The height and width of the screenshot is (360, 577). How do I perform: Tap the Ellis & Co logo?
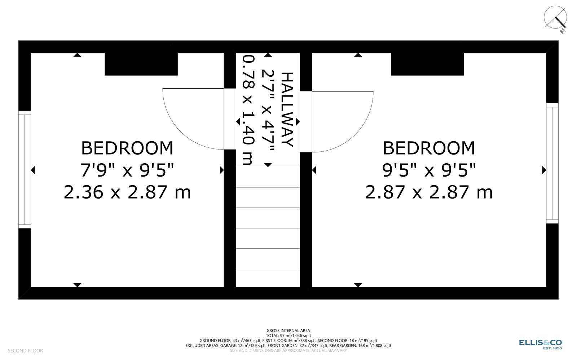pyautogui.click(x=541, y=344)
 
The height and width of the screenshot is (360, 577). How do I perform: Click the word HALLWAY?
pyautogui.click(x=287, y=110)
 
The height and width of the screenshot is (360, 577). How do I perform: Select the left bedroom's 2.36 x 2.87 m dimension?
pyautogui.click(x=127, y=192)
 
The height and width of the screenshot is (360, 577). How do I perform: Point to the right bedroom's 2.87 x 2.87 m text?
pyautogui.click(x=429, y=192)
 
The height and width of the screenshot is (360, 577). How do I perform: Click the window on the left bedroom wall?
pyautogui.click(x=25, y=170)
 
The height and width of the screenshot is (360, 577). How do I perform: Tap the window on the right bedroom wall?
pyautogui.click(x=552, y=163)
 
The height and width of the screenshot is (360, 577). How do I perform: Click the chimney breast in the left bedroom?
pyautogui.click(x=141, y=64)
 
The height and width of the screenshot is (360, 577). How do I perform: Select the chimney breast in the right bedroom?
pyautogui.click(x=427, y=64)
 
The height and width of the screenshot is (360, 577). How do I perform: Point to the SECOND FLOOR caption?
pyautogui.click(x=25, y=351)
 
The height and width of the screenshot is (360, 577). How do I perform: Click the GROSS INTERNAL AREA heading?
pyautogui.click(x=288, y=331)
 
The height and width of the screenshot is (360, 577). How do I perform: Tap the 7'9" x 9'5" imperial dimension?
pyautogui.click(x=127, y=170)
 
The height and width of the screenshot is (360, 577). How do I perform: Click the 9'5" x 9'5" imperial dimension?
pyautogui.click(x=429, y=170)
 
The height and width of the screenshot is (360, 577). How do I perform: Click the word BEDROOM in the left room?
pyautogui.click(x=127, y=148)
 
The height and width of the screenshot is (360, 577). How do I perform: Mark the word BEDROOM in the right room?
pyautogui.click(x=429, y=148)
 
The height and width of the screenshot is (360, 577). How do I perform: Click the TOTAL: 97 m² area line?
pyautogui.click(x=288, y=335)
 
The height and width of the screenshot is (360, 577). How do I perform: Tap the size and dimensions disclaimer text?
pyautogui.click(x=288, y=351)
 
